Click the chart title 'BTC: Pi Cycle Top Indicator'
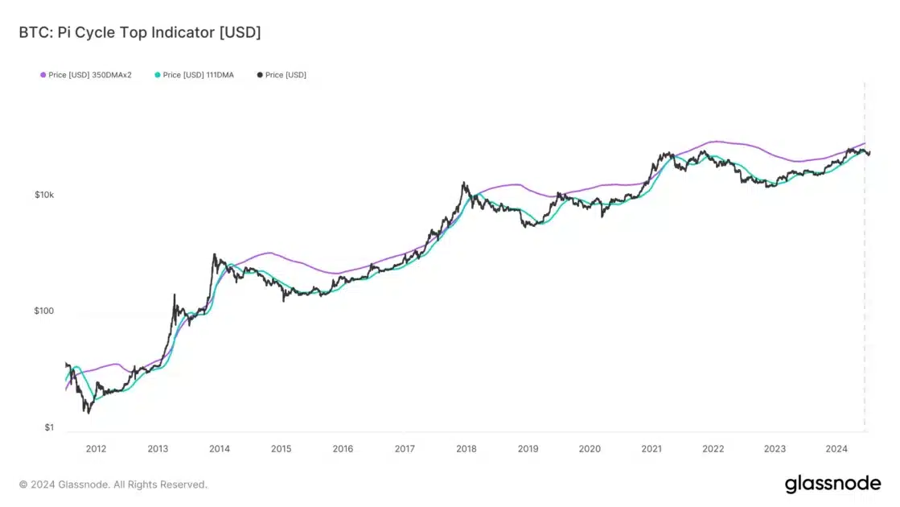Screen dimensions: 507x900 140,33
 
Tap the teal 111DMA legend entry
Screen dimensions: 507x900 198,75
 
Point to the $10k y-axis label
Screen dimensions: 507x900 43,196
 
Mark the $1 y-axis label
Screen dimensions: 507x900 48,427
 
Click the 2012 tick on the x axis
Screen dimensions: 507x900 96,449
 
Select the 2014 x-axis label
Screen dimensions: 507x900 220,449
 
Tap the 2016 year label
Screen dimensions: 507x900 343,449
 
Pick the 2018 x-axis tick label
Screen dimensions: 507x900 466,449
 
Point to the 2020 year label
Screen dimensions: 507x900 590,449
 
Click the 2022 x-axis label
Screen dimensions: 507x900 713,449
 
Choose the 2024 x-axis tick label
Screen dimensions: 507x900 836,449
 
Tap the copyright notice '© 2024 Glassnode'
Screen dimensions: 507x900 113,484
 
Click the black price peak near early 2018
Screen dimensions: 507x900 464,183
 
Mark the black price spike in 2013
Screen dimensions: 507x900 175,295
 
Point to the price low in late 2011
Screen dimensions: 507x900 88,411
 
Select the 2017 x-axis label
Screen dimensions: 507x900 405,449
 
